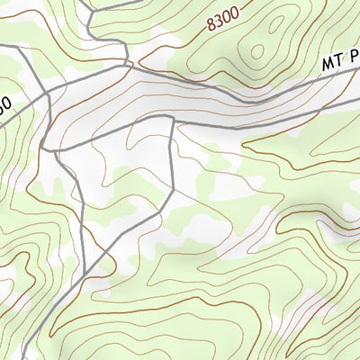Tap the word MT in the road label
tap(331, 64)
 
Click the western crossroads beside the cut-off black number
tap(44, 93)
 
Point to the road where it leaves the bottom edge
tap(45, 357)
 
